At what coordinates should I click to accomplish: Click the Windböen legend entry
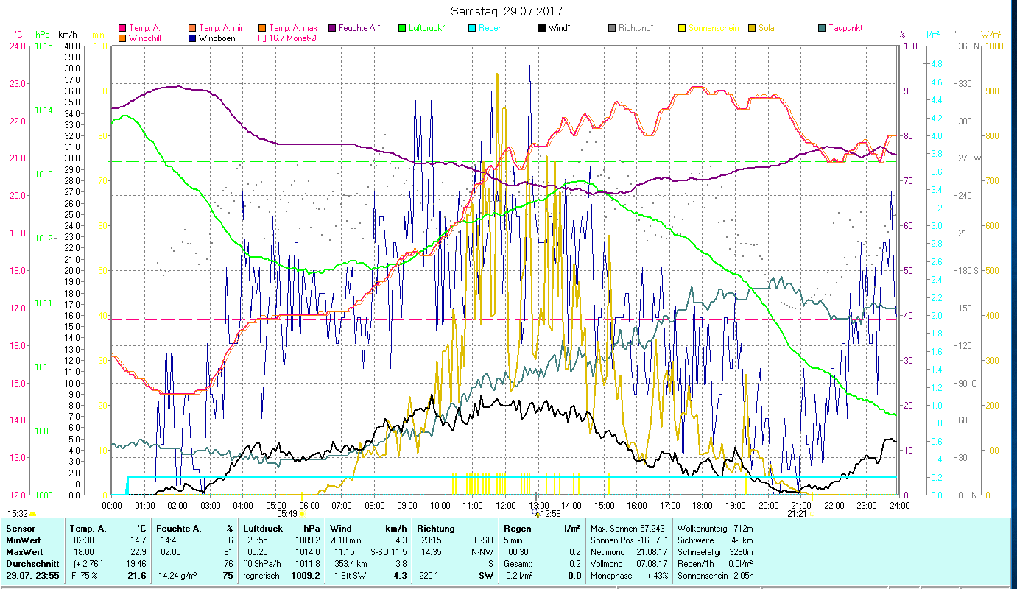217,38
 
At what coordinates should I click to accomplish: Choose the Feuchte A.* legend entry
359,28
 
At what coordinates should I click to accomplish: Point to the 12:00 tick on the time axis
506,505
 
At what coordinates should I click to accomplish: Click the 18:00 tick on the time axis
703,505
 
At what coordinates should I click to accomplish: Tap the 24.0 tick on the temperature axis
16,46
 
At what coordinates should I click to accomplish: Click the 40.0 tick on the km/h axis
71,46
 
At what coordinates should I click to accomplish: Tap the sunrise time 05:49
286,514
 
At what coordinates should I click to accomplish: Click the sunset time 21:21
797,514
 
